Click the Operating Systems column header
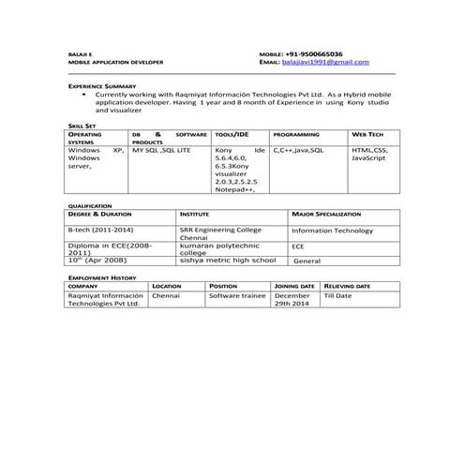tap(85, 138)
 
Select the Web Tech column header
tap(367, 134)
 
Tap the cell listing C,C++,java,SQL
tap(299, 149)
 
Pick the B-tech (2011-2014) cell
tap(100, 229)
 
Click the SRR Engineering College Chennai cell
tap(221, 232)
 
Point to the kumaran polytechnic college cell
tap(217, 248)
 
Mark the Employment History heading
tap(102, 277)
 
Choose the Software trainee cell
tap(238, 295)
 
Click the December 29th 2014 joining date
tap(292, 299)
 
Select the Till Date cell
tap(337, 295)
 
